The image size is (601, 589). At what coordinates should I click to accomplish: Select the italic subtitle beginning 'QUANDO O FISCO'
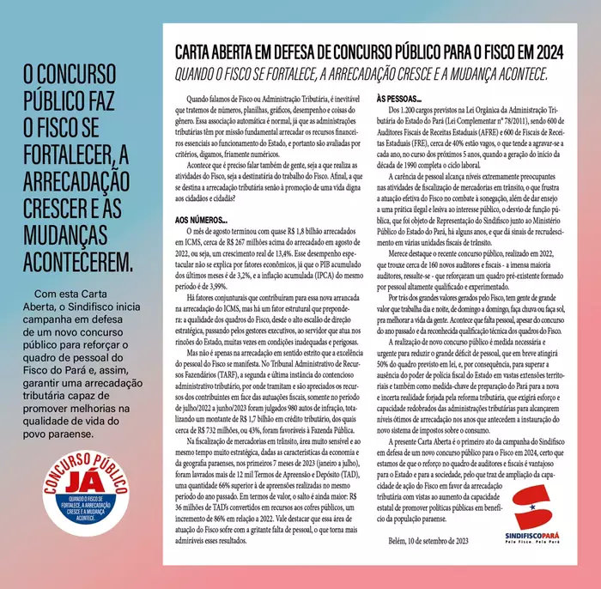tap(361, 74)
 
